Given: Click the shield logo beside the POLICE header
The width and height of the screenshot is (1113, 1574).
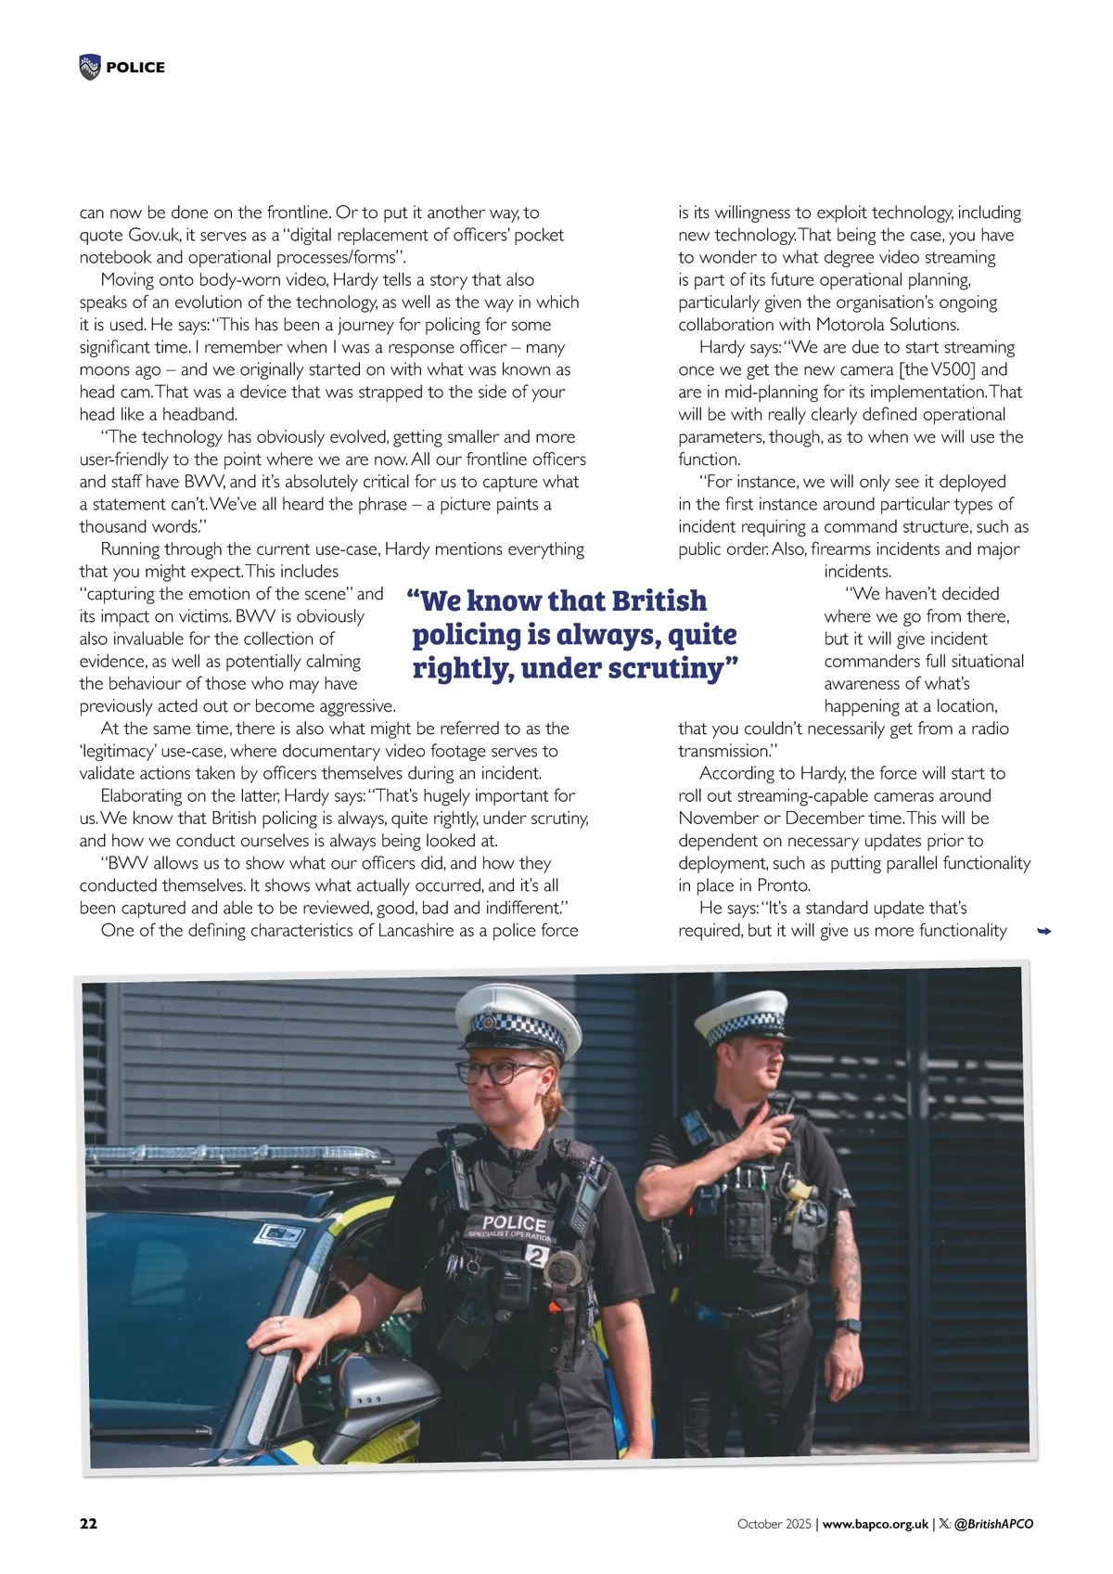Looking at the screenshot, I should [x=90, y=67].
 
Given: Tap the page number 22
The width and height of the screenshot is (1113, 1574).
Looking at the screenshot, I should [x=88, y=1524].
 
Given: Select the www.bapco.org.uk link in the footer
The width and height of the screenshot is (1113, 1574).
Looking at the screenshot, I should [x=876, y=1524].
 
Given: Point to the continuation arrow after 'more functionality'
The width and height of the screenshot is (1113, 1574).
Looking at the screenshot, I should [x=1043, y=931].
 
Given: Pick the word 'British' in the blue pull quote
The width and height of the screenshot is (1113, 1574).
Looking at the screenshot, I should [x=659, y=600].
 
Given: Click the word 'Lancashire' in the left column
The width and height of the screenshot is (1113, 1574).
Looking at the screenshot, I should [x=416, y=930].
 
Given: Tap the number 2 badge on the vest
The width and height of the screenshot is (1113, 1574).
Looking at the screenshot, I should [x=536, y=1256].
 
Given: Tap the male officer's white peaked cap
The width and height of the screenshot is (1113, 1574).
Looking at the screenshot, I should [x=741, y=1015].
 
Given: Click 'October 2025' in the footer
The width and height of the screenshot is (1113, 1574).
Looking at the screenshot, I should [x=774, y=1524].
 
